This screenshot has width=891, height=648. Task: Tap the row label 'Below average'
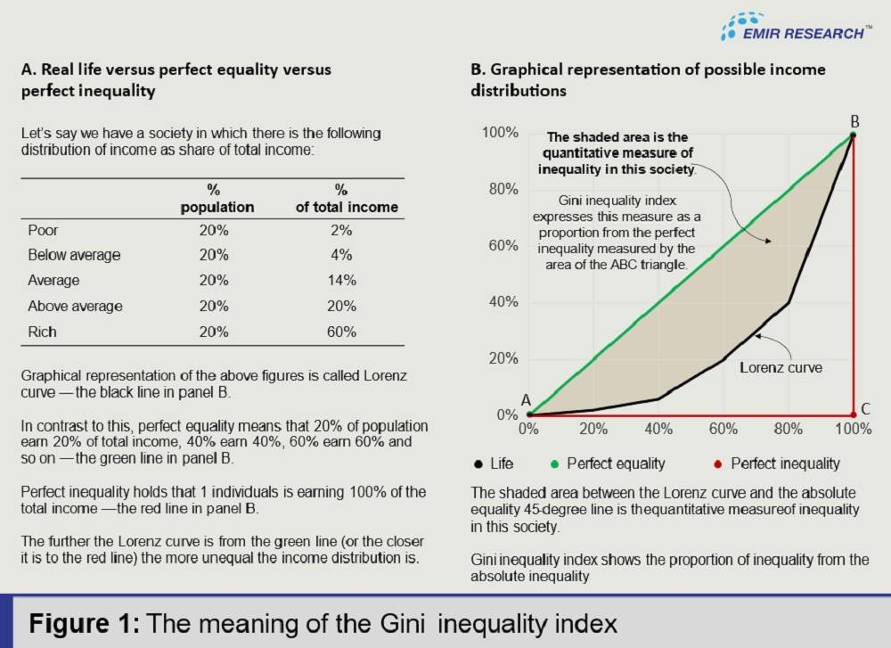pyautogui.click(x=74, y=255)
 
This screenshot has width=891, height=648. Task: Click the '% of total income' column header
pyautogui.click(x=347, y=199)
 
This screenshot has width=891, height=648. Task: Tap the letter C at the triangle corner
pyautogui.click(x=865, y=410)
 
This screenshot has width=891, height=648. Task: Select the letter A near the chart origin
pyautogui.click(x=527, y=400)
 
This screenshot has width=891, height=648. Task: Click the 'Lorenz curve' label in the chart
pyautogui.click(x=781, y=366)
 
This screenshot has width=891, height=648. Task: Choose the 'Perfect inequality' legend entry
pyautogui.click(x=775, y=463)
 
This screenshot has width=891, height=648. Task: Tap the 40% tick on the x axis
pyautogui.click(x=658, y=429)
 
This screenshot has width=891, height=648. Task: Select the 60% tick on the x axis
pyautogui.click(x=723, y=429)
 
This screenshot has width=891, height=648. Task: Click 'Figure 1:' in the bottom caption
pyautogui.click(x=86, y=621)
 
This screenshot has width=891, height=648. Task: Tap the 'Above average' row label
pyautogui.click(x=75, y=307)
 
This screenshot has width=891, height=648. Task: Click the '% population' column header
pyautogui.click(x=217, y=199)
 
